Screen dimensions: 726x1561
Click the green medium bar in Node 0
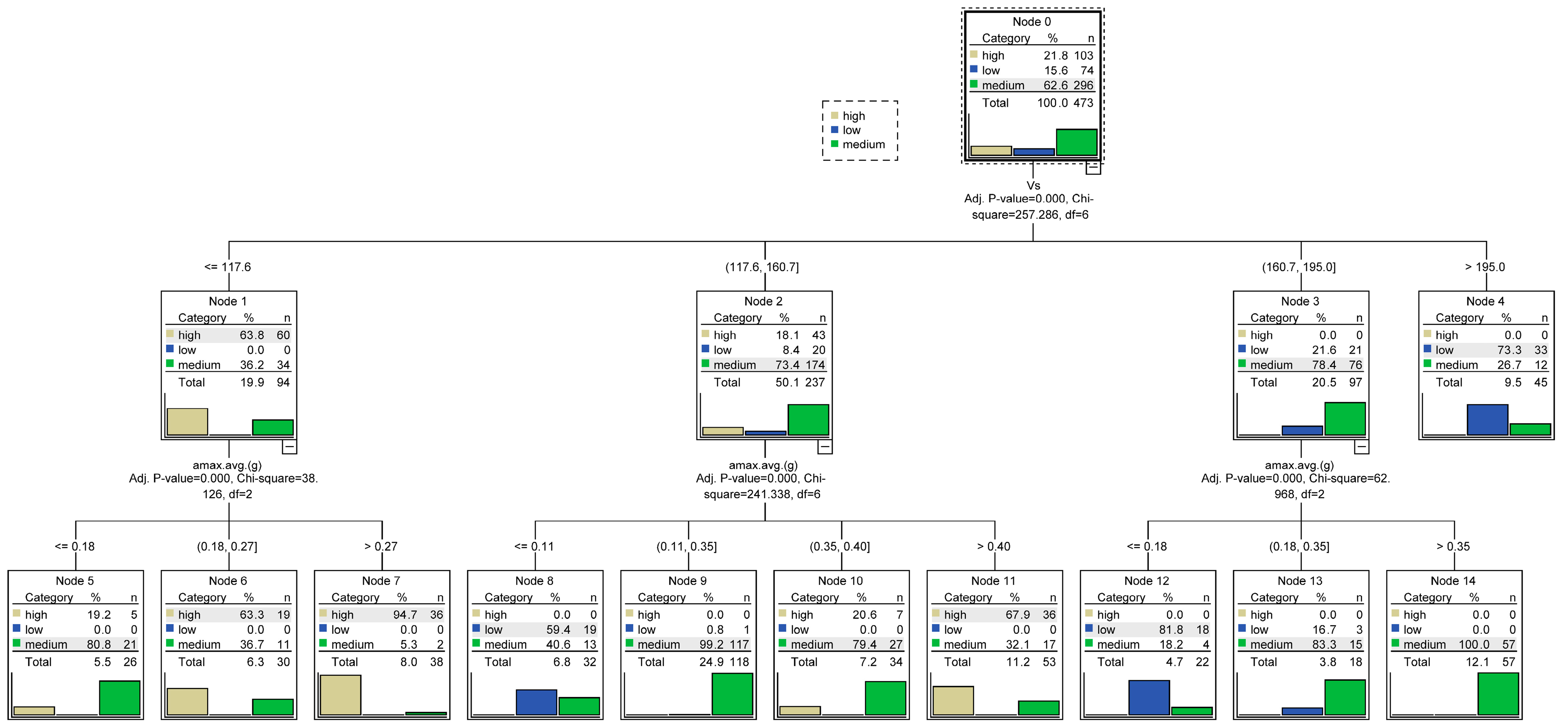coord(1076,143)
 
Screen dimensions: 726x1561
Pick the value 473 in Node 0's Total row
coord(1083,103)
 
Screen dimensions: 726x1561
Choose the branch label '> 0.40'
coord(993,546)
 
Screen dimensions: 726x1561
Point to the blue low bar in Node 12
coord(1149,697)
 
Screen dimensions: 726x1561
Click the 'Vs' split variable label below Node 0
coord(1033,186)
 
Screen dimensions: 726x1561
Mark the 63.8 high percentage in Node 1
coord(251,335)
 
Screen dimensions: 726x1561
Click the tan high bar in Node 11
coord(953,701)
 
